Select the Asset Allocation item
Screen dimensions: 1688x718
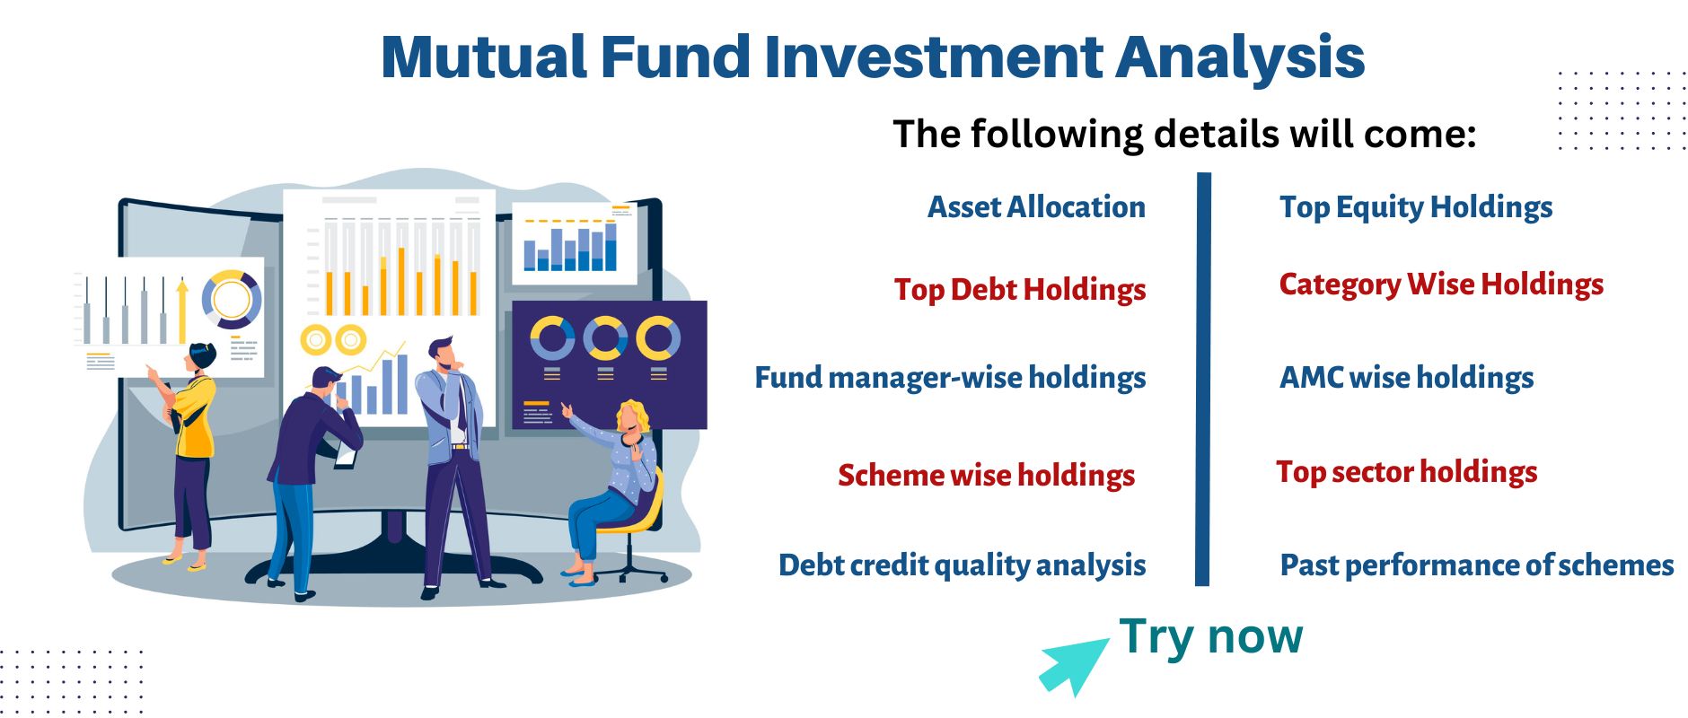point(1036,206)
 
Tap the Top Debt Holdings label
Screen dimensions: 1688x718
point(1020,289)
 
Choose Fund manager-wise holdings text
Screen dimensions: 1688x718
point(950,378)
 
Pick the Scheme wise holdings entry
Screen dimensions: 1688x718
point(986,475)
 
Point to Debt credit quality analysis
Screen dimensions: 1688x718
point(962,565)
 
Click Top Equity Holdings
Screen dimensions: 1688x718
point(1416,207)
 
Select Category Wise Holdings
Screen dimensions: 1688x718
point(1441,285)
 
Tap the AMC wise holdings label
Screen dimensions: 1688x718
point(1406,378)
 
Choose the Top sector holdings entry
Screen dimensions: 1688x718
point(1407,472)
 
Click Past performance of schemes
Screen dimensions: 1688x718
point(1477,565)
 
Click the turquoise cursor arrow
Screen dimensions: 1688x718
point(1073,666)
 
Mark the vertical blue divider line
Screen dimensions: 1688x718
point(1203,379)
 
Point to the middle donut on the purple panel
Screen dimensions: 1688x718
point(605,338)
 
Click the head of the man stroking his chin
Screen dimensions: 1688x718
point(442,353)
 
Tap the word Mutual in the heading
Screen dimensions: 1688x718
point(484,57)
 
